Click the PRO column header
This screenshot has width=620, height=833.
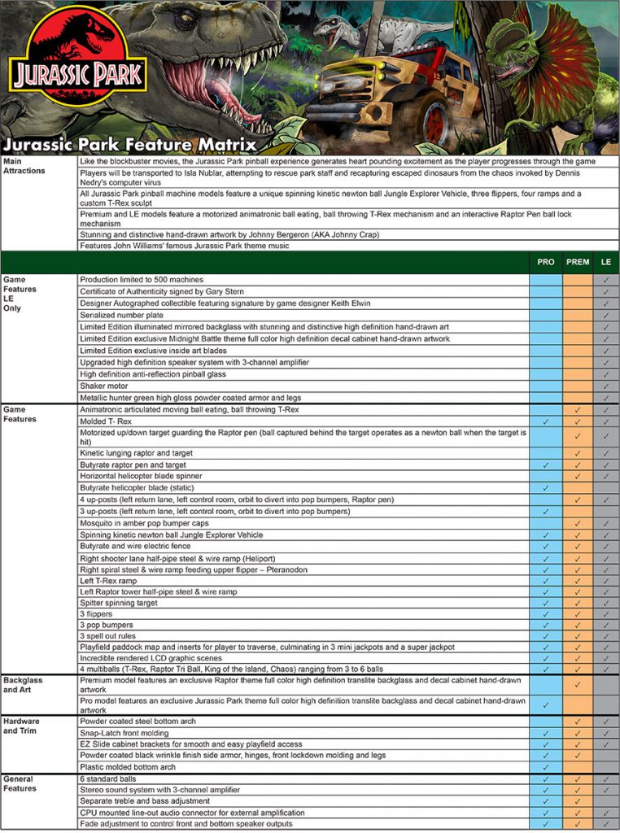[546, 262]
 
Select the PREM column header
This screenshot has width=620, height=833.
[578, 262]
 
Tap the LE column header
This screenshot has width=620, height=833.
[606, 262]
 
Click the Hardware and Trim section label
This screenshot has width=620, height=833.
[23, 726]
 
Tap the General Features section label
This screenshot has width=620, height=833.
[20, 783]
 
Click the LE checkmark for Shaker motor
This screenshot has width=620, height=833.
[606, 386]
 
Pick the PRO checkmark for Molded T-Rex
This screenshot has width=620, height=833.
[546, 421]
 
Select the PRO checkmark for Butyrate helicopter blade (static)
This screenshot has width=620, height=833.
[546, 487]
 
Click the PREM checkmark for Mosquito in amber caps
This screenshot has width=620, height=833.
[578, 523]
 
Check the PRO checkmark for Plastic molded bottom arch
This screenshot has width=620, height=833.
[546, 766]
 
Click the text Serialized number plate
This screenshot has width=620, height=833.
[121, 315]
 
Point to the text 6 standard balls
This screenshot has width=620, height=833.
[109, 778]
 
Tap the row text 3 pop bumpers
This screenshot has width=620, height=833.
[107, 624]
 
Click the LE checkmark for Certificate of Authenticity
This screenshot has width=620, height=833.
[606, 291]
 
